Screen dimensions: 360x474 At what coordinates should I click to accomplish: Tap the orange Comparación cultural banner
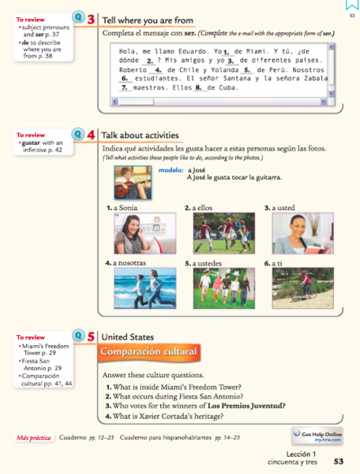click(148, 352)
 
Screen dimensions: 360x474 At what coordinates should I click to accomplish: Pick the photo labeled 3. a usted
click(293, 233)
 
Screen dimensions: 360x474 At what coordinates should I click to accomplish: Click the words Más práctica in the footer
click(35, 438)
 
